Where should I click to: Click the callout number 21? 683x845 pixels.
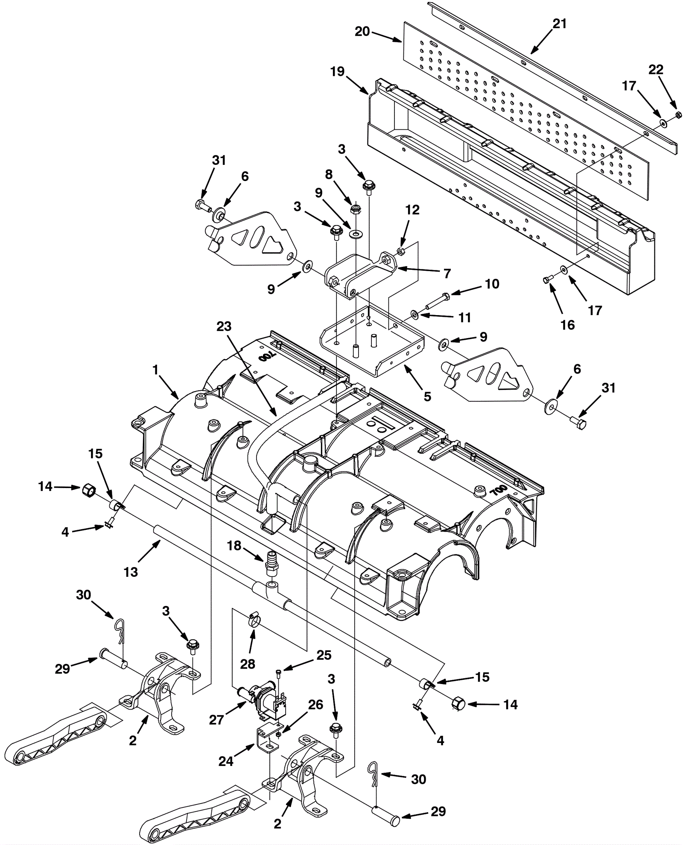tap(559, 24)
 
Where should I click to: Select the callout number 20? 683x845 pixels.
tap(362, 32)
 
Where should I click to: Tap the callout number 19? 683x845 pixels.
tap(337, 72)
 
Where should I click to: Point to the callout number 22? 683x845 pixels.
tap(656, 70)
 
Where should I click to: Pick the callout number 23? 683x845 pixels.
tap(224, 327)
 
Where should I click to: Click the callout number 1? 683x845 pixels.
tap(155, 370)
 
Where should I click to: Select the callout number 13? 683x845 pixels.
tap(131, 572)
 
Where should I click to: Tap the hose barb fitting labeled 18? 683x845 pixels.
tap(270, 562)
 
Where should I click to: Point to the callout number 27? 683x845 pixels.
tap(216, 720)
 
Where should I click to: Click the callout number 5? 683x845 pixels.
tap(427, 397)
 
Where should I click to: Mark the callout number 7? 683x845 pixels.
tap(447, 273)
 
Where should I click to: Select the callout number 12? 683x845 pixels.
tap(412, 210)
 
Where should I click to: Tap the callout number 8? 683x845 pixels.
tap(328, 174)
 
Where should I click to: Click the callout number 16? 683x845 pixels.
tap(567, 325)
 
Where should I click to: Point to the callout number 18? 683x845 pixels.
tap(234, 546)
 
